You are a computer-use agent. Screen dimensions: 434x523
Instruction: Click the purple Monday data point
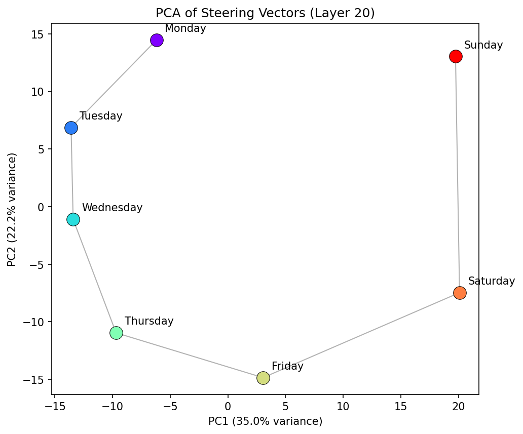click(157, 41)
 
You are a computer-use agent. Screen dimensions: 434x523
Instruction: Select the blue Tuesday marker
click(71, 128)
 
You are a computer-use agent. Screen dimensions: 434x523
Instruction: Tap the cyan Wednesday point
click(73, 219)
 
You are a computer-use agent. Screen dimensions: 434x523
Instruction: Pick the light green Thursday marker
click(116, 333)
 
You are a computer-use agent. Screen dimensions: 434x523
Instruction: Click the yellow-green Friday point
click(263, 378)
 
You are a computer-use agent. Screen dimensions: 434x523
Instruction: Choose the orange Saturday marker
click(460, 293)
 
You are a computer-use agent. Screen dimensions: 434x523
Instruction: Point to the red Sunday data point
click(456, 56)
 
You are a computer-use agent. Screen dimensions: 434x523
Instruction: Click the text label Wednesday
click(112, 208)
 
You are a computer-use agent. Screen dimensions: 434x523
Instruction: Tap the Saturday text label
click(491, 281)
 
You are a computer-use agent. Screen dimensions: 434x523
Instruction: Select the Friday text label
click(287, 366)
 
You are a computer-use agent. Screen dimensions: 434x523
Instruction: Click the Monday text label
click(185, 28)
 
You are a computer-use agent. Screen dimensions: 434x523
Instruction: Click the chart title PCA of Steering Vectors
click(265, 13)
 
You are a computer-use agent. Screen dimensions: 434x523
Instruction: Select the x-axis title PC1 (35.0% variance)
click(265, 421)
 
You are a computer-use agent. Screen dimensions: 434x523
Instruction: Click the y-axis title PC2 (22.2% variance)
click(12, 209)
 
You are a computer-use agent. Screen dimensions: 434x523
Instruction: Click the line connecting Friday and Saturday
click(361, 335)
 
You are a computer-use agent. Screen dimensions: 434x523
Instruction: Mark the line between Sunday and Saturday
click(458, 175)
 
